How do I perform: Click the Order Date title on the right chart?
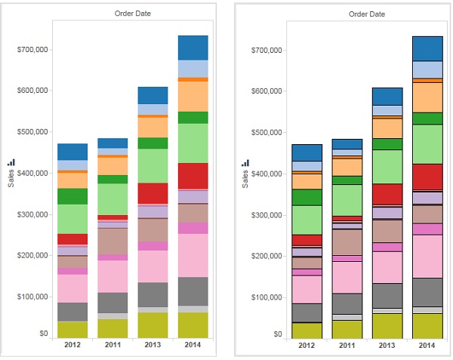tap(368, 14)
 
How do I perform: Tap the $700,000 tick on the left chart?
tap(32, 50)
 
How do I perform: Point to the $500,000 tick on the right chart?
tap(267, 132)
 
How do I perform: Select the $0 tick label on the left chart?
tap(43, 333)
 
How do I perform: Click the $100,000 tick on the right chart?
tap(267, 297)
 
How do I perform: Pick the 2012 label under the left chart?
tap(72, 345)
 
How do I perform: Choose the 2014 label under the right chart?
tap(427, 345)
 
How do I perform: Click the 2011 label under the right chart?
tap(347, 345)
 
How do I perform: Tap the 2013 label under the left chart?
tap(153, 345)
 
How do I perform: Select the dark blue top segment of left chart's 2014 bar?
tap(193, 48)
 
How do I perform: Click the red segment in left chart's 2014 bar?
tap(193, 176)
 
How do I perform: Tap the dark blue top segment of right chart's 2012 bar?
tap(307, 152)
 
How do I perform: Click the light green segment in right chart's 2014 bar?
tap(427, 144)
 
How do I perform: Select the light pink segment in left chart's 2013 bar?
tap(153, 266)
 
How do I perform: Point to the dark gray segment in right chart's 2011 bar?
tap(347, 303)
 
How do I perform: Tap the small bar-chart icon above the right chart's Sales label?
tap(245, 162)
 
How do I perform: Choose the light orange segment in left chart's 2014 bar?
tap(193, 96)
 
